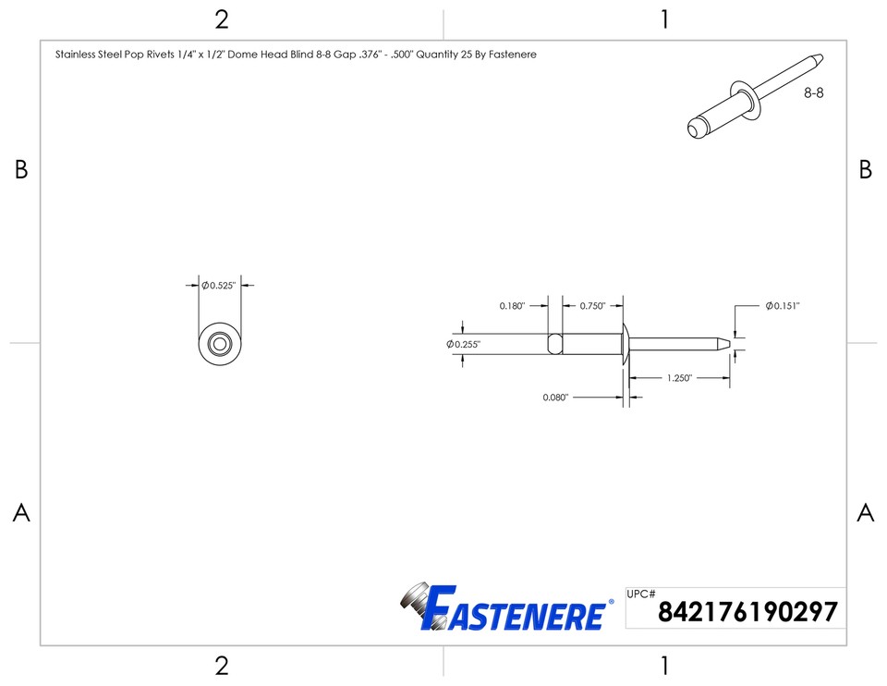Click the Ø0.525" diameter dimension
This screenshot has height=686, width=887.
pos(220,286)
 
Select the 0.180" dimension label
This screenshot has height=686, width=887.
pos(512,306)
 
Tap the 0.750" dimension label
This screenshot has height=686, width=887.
pos(592,306)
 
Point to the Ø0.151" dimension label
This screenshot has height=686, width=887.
pos(782,306)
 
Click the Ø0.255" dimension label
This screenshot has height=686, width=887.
pos(464,344)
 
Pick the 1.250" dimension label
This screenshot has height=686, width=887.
pos(679,378)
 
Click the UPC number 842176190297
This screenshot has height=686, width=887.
pos(747,612)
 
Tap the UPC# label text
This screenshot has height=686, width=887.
pos(641,594)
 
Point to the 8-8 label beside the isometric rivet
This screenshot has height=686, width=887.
pos(813,93)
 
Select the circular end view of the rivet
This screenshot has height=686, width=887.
pos(220,344)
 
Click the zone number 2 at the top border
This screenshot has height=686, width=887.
pos(221,19)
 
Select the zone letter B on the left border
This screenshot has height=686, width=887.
pos(21,170)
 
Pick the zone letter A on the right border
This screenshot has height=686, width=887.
pos(865,513)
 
